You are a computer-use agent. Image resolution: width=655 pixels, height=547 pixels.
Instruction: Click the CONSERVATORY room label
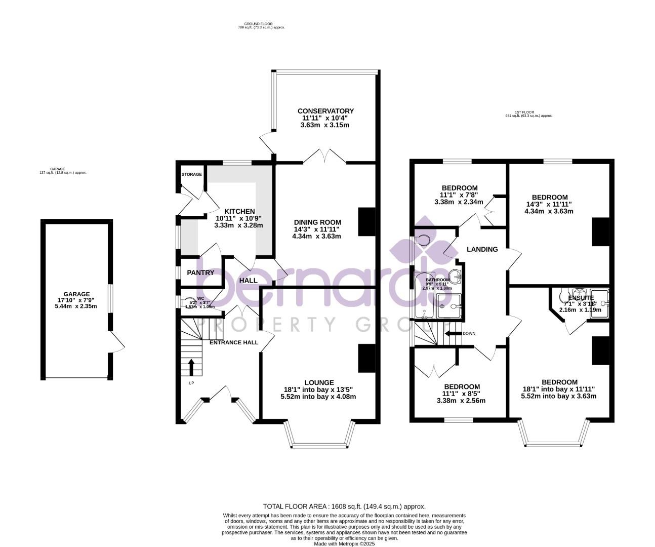pyautogui.click(x=325, y=111)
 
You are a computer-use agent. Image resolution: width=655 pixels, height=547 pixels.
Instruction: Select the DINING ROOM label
pyautogui.click(x=317, y=222)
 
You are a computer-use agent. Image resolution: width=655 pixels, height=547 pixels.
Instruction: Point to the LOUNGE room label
pyautogui.click(x=319, y=382)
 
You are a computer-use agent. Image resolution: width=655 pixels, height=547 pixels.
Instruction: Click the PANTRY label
pyautogui.click(x=200, y=272)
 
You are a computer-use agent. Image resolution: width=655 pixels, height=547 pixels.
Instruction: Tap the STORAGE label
pyautogui.click(x=192, y=174)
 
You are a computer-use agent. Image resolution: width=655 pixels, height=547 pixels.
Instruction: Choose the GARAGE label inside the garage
pyautogui.click(x=76, y=294)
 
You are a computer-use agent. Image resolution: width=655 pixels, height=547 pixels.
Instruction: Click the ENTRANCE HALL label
pyautogui.click(x=234, y=342)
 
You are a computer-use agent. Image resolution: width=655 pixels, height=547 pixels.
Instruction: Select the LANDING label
pyautogui.click(x=482, y=249)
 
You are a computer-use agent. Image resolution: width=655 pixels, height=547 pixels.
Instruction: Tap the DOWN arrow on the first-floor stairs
pyautogui.click(x=452, y=333)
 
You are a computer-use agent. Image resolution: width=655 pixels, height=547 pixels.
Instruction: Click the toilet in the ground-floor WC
pyautogui.click(x=188, y=302)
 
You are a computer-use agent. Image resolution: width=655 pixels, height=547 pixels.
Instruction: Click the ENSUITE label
pyautogui.click(x=581, y=298)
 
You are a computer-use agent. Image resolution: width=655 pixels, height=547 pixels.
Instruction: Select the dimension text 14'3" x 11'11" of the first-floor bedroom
pyautogui.click(x=549, y=204)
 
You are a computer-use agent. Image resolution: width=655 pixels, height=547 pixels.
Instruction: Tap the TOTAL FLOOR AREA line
pyautogui.click(x=344, y=506)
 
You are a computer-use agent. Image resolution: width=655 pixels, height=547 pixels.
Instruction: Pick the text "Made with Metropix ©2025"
pyautogui.click(x=344, y=543)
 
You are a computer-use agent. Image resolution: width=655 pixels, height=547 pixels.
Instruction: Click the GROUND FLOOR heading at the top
pyautogui.click(x=258, y=23)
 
